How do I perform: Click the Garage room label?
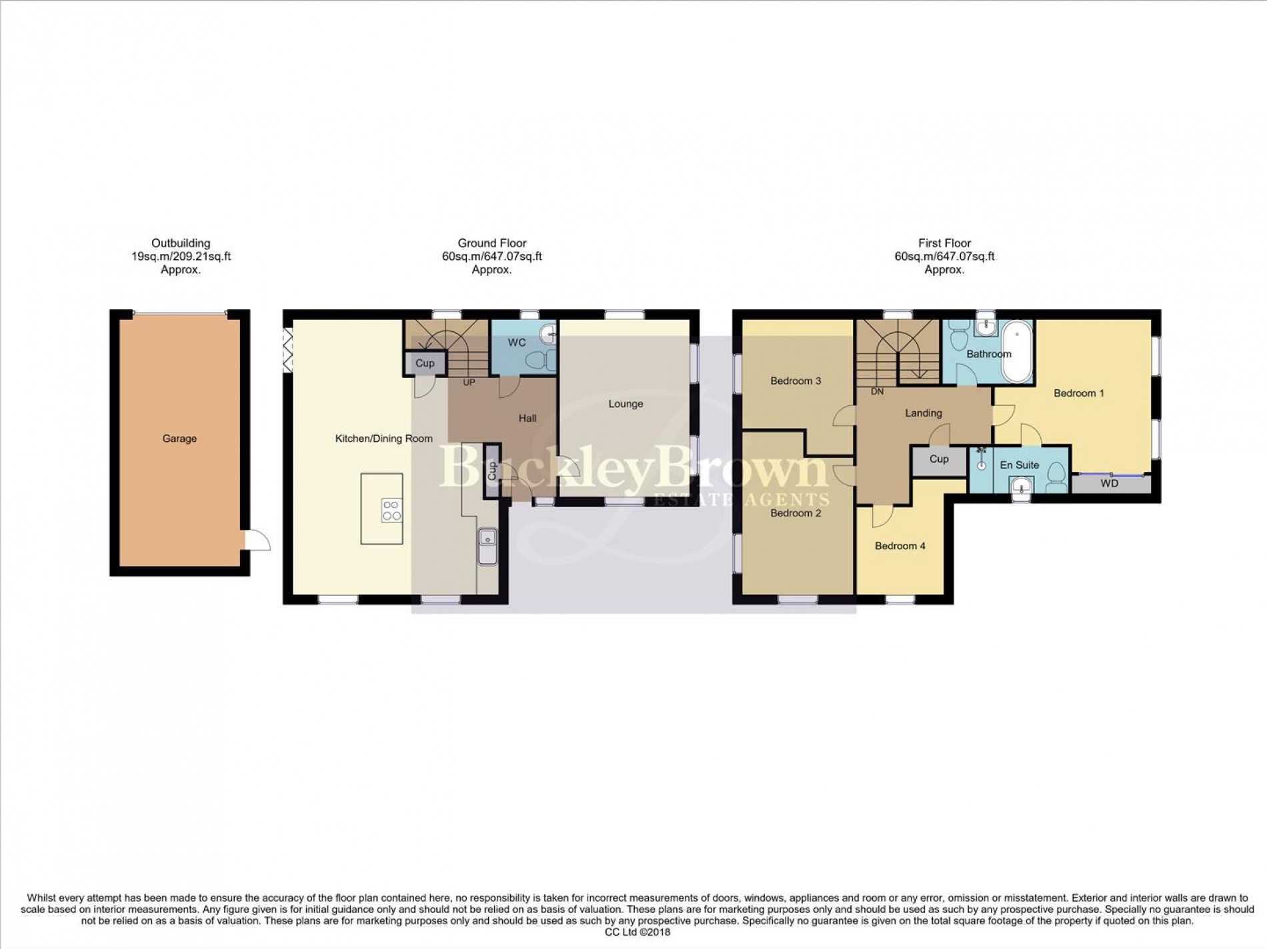pos(179,439)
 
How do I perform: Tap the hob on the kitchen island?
pos(391,510)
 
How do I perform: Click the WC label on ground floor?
pos(517,343)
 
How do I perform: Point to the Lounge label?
pos(625,404)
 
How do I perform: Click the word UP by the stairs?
pos(469,383)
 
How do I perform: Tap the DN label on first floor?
pos(877,392)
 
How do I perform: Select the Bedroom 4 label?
pos(900,546)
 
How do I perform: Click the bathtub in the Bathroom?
pos(1018,351)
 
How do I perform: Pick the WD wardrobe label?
pos(1110,484)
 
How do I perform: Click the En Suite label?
pos(1019,465)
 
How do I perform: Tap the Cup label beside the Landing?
pos(938,459)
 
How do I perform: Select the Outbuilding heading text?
pos(181,243)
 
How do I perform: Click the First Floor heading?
pos(944,243)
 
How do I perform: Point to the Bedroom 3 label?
pos(795,381)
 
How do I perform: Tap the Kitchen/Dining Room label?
pos(383,439)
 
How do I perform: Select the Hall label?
pos(527,419)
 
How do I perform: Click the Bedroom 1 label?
pos(1078,393)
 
